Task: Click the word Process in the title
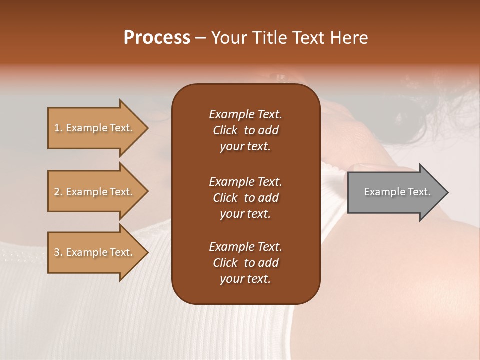[157, 38]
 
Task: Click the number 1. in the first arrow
[58, 128]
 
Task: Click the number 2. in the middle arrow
[58, 192]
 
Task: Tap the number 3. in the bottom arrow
[58, 252]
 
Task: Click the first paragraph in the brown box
[245, 130]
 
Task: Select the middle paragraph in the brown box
[245, 198]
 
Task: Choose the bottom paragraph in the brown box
[245, 263]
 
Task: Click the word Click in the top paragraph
[225, 130]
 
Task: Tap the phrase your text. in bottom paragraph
[245, 279]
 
